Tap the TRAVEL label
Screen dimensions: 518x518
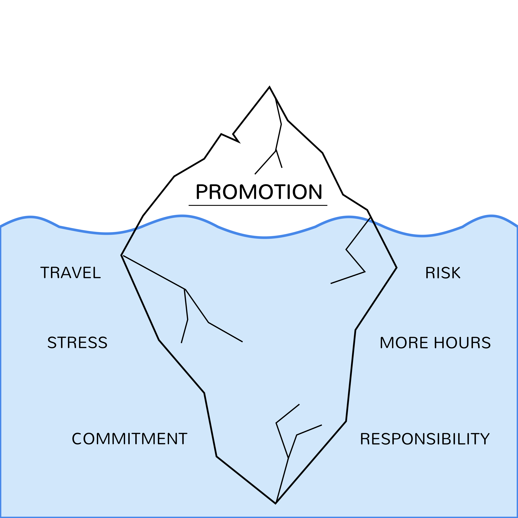click(x=70, y=273)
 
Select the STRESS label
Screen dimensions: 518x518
click(x=78, y=343)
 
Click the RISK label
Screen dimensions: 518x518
click(x=443, y=273)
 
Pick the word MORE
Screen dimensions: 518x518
click(x=404, y=343)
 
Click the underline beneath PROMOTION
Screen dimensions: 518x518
click(x=258, y=205)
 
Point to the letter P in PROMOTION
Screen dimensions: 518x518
click(x=202, y=192)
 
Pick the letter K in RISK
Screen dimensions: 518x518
click(x=455, y=273)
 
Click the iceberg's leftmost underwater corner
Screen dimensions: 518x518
click(x=121, y=255)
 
